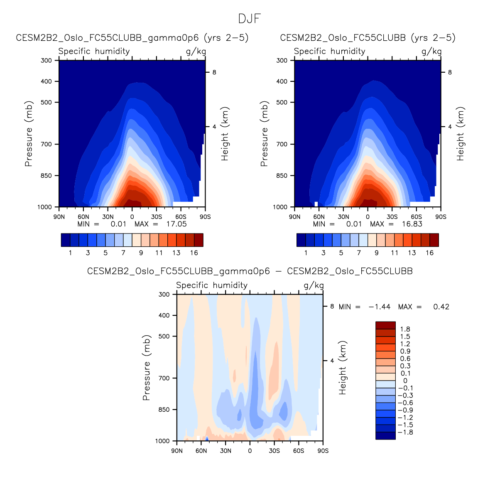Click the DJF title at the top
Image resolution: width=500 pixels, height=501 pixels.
249,19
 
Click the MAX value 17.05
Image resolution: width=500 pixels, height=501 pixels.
176,224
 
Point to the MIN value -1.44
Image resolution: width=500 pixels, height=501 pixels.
380,307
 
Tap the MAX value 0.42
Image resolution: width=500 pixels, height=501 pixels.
441,307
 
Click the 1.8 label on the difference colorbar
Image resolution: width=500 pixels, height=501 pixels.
405,329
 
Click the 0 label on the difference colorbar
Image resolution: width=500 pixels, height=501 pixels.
405,381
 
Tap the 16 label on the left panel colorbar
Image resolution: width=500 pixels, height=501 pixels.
194,253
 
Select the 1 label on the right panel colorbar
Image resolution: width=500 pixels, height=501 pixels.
306,253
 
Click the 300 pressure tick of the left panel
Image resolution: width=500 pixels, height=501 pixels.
47,61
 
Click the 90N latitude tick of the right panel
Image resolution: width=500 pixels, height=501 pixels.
294,217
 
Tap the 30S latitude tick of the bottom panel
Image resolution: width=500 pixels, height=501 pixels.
274,451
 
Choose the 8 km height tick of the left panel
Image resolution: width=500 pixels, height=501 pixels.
214,72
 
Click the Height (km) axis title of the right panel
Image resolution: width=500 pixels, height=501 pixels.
461,134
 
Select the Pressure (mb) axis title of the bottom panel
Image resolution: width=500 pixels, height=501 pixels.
146,368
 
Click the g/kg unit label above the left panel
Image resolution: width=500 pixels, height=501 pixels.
196,52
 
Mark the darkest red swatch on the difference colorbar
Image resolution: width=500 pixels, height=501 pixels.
385,325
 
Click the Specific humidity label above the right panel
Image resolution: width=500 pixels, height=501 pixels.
329,52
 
